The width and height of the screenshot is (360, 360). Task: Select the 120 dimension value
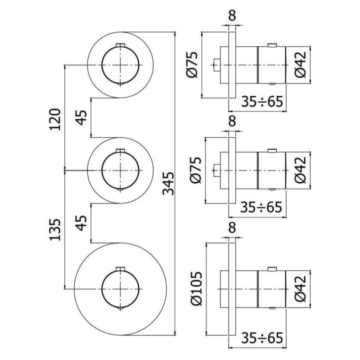[55, 118]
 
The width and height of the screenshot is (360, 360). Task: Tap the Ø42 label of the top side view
[301, 64]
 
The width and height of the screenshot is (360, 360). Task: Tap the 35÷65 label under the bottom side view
[262, 337]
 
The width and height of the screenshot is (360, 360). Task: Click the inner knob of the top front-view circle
[120, 64]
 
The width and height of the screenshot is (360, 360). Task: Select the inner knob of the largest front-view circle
[120, 288]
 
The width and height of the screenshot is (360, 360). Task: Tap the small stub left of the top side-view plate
[216, 64]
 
